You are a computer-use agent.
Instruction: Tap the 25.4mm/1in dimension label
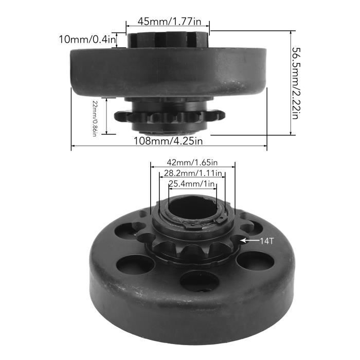[192, 184]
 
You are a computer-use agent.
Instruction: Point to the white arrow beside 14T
[251, 240]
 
